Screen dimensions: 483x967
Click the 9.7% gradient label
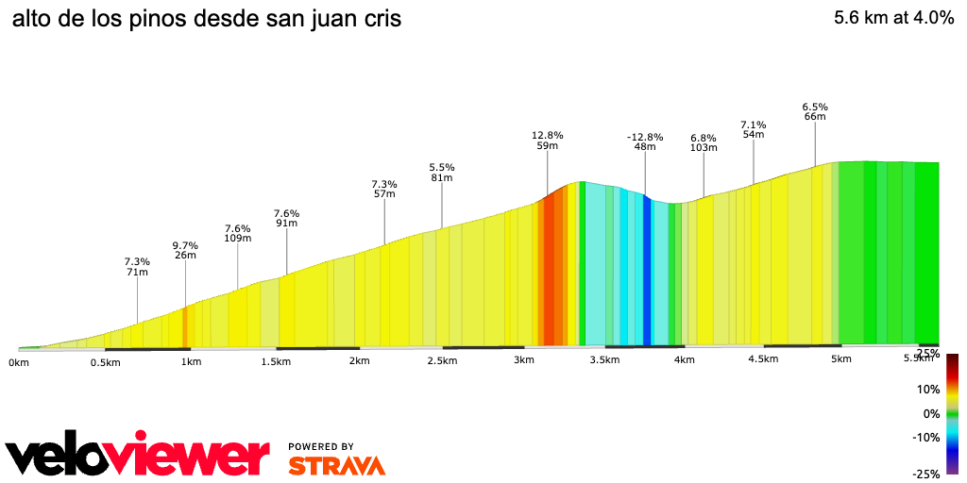(185, 245)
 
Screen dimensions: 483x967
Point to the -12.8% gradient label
(645, 137)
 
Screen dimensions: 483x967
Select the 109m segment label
(238, 239)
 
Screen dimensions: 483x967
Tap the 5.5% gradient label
(442, 166)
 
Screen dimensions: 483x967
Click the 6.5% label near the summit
(815, 107)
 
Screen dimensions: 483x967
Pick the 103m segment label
(704, 147)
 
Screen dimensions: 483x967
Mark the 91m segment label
(287, 224)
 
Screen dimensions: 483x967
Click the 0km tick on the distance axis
(19, 362)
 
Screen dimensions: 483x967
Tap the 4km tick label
(685, 360)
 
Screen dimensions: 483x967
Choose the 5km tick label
(841, 359)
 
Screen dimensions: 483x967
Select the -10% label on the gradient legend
(926, 437)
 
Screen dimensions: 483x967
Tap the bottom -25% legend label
(926, 474)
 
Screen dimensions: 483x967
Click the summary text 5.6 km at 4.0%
(893, 19)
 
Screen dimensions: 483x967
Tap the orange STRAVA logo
(336, 466)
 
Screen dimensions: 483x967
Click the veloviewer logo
(137, 456)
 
